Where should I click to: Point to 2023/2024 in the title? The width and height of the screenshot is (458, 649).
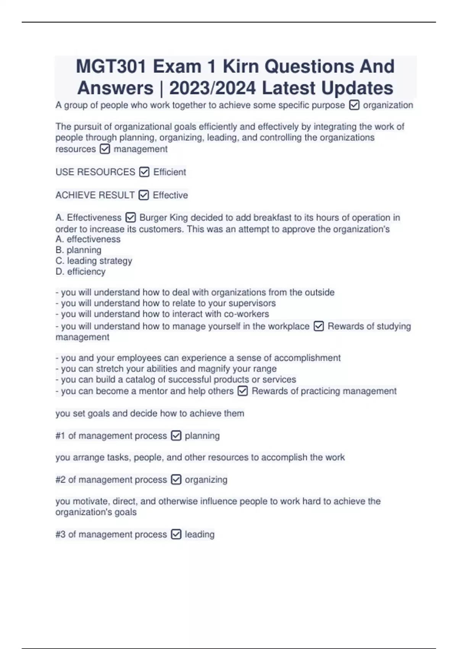pyautogui.click(x=212, y=88)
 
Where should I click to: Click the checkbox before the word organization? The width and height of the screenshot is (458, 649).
pyautogui.click(x=354, y=105)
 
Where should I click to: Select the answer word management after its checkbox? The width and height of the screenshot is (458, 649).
pyautogui.click(x=140, y=149)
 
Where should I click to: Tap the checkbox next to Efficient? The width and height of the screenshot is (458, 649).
pyautogui.click(x=144, y=172)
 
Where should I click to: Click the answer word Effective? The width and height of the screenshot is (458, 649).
pyautogui.click(x=170, y=195)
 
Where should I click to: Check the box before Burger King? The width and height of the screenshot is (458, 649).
pyautogui.click(x=131, y=218)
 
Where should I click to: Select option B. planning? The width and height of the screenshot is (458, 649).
pyautogui.click(x=79, y=250)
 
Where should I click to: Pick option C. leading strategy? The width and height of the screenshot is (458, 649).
pyautogui.click(x=94, y=261)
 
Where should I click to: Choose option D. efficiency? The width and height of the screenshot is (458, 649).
pyautogui.click(x=81, y=271)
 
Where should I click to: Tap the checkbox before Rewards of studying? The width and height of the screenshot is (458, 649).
pyautogui.click(x=318, y=326)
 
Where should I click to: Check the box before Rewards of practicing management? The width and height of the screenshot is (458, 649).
pyautogui.click(x=243, y=391)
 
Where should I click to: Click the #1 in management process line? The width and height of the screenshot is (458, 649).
pyautogui.click(x=60, y=436)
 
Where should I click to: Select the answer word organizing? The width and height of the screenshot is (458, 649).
pyautogui.click(x=206, y=479)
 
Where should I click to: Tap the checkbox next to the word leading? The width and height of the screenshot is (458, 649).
pyautogui.click(x=176, y=534)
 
